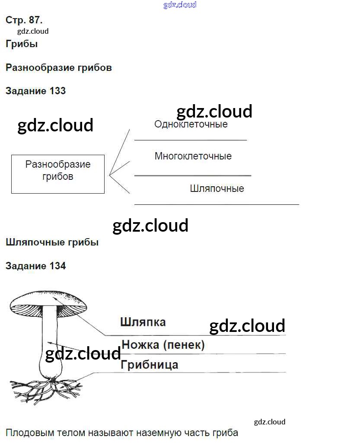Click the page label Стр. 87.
[x=24, y=20]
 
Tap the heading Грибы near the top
[x=22, y=44]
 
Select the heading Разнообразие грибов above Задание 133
[x=59, y=67]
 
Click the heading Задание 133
[x=35, y=91]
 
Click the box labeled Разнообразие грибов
[x=58, y=174]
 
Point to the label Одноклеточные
[x=191, y=124]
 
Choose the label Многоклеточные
[x=193, y=156]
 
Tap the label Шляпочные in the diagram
[x=217, y=188]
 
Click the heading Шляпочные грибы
[x=52, y=242]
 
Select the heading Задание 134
[x=35, y=266]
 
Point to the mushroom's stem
[x=49, y=341]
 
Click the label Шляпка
[x=143, y=322]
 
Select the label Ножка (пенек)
[x=163, y=345]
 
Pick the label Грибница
[x=150, y=364]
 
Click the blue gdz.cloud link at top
[x=180, y=5]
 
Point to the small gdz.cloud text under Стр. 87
[x=33, y=31]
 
